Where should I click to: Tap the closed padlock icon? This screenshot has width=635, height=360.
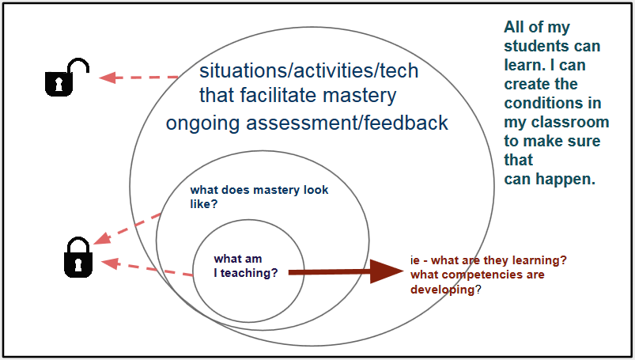coord(78,257)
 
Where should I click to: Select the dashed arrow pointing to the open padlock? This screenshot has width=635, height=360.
coord(139,77)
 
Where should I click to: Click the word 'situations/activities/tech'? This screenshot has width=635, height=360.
coord(308,70)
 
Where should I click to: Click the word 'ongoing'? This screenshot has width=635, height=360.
coord(202,123)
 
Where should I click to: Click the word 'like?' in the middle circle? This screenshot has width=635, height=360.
coord(204,204)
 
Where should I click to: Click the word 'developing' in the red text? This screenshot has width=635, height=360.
coord(442,290)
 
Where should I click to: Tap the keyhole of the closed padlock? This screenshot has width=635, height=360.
coord(78,264)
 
